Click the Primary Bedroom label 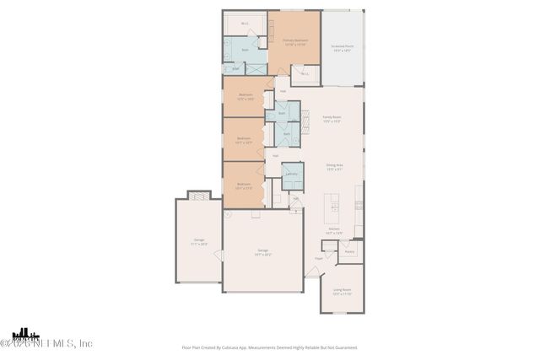point(294,42)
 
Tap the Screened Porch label point(342,49)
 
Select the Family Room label point(331,119)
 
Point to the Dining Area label point(333,168)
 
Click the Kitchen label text point(333,230)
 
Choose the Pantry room point(349,251)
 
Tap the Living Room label point(342,292)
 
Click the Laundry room point(291,175)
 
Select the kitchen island point(335,205)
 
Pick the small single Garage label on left point(199,242)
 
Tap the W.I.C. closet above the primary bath point(245,24)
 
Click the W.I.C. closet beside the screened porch point(305,74)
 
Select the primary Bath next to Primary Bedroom point(245,51)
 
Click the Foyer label point(320,258)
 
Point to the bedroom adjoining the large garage point(244,185)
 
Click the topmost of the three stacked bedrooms point(246,96)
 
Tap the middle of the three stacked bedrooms point(244,140)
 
